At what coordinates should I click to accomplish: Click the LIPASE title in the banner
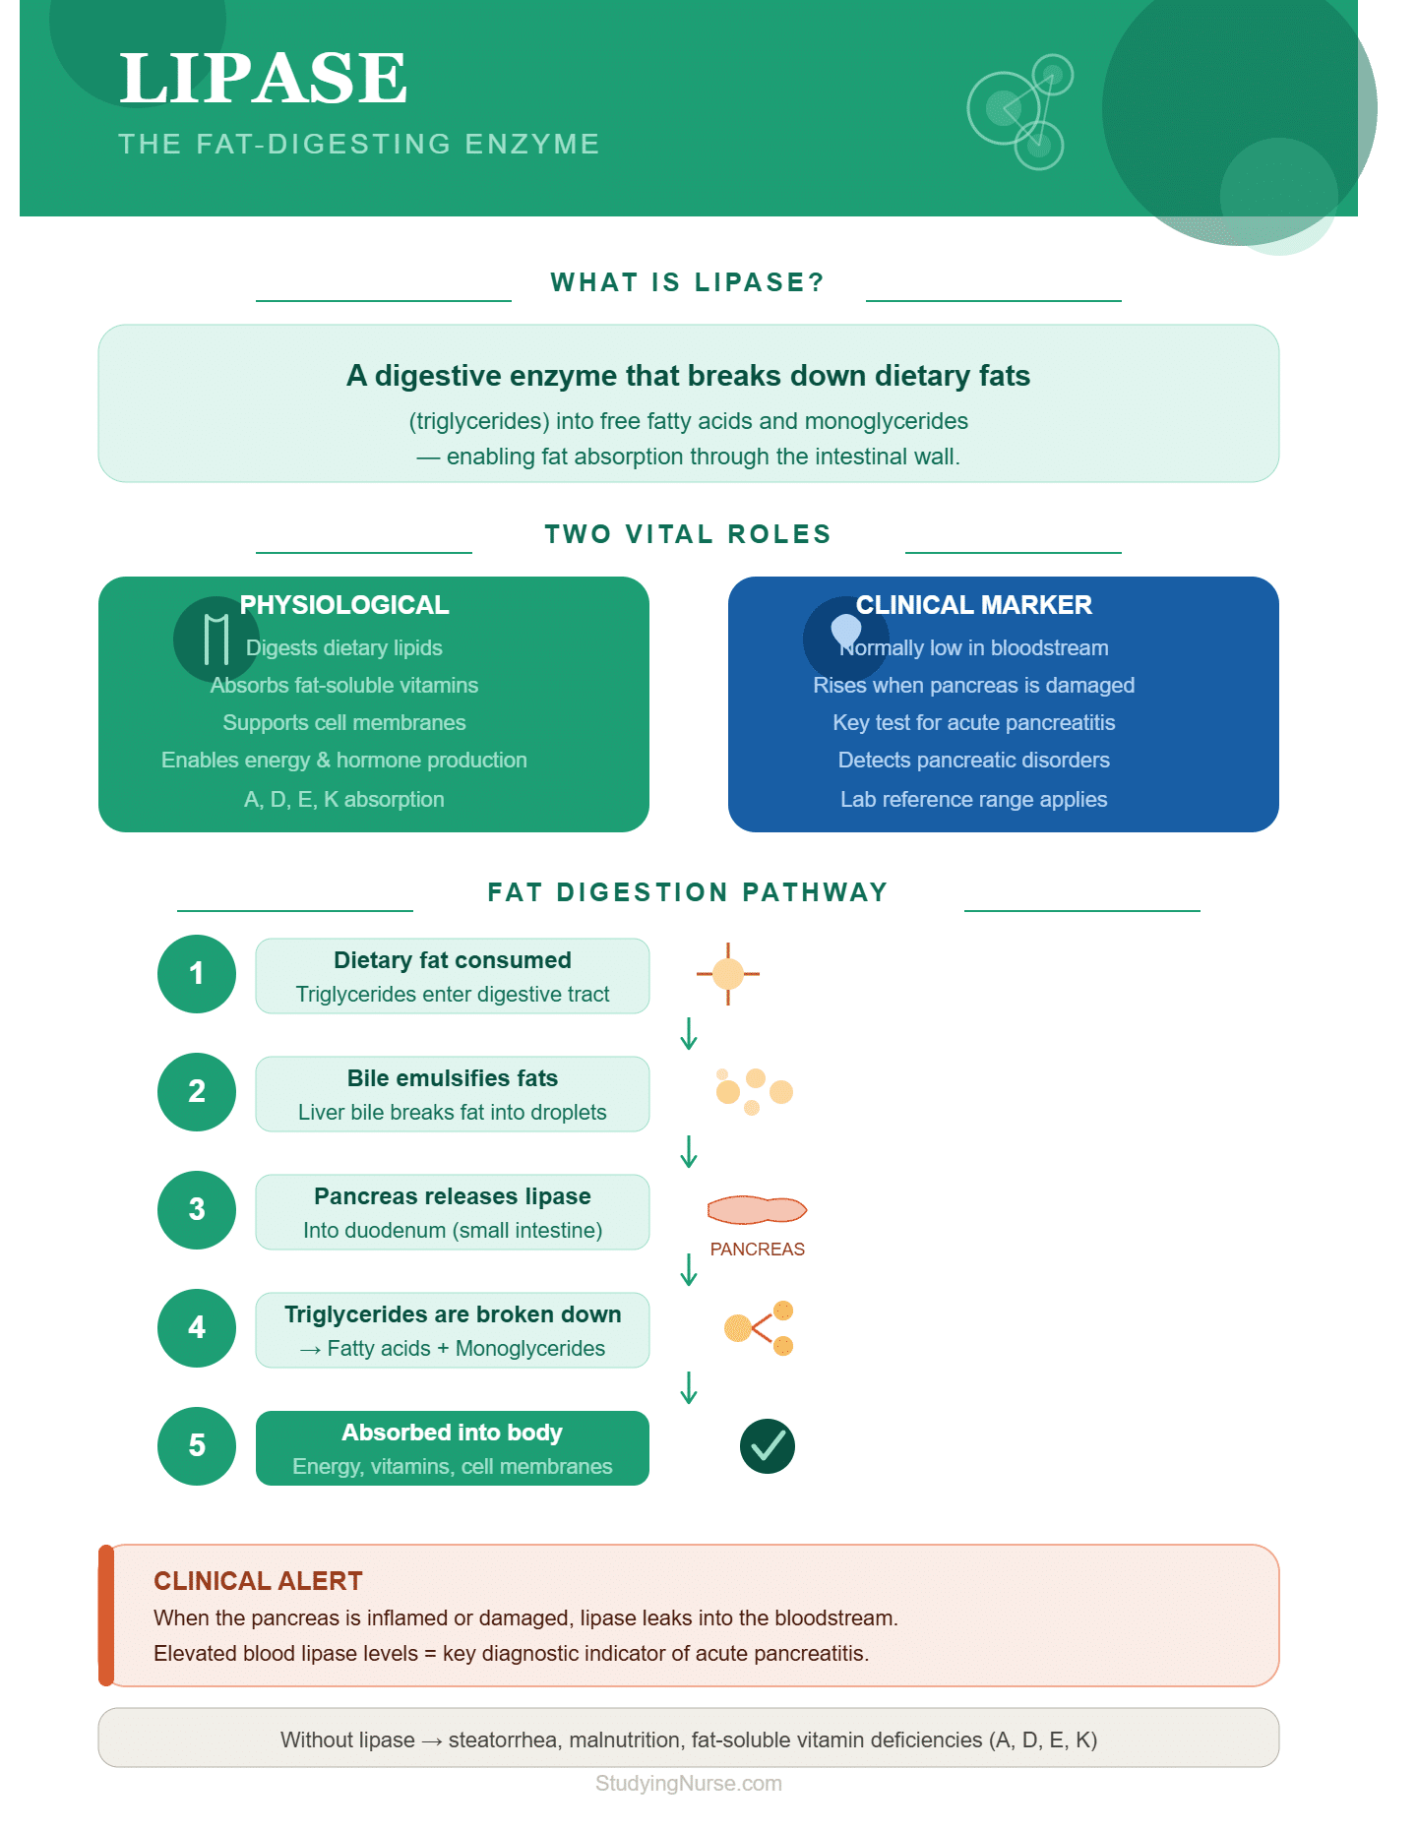(263, 79)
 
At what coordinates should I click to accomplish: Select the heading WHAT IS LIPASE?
(688, 282)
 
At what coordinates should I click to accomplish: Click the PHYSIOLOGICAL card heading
(344, 605)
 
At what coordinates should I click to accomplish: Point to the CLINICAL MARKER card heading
(974, 605)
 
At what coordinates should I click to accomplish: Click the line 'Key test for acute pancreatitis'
(974, 723)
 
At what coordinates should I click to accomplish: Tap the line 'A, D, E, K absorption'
(344, 799)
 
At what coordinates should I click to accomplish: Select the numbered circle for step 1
(197, 974)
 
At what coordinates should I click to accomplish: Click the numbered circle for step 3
(197, 1210)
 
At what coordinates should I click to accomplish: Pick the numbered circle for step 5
(197, 1446)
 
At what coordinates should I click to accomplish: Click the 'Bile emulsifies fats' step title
(453, 1078)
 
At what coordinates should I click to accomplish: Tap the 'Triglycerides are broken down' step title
(453, 1314)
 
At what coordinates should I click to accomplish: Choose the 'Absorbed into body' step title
(453, 1433)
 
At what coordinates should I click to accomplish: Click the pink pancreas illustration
(757, 1210)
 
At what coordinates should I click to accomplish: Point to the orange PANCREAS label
(758, 1250)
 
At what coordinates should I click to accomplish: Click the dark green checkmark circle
(768, 1446)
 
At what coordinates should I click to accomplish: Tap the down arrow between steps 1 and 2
(689, 1034)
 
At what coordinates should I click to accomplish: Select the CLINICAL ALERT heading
(258, 1581)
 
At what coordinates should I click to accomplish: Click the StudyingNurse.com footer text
(689, 1784)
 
